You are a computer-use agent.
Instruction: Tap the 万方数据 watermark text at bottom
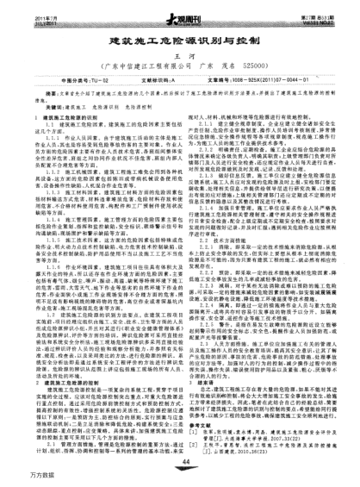(18, 479)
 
